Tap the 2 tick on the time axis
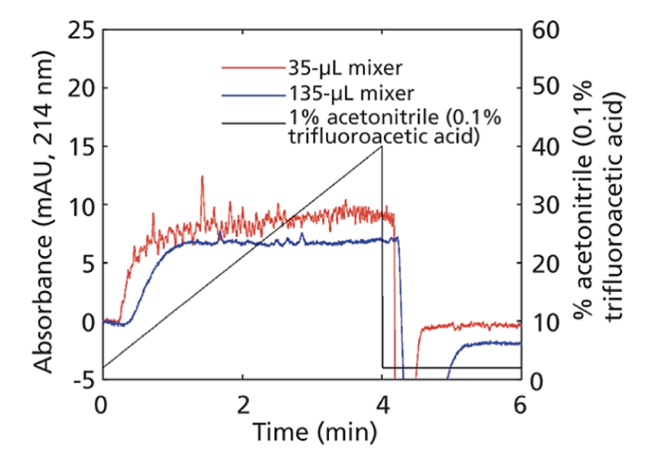pos(242,403)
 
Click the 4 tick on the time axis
pos(382,403)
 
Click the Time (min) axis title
pos(315,433)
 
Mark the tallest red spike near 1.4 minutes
pos(202,177)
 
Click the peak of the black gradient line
pos(382,147)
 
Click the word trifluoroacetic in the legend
pos(334,137)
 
